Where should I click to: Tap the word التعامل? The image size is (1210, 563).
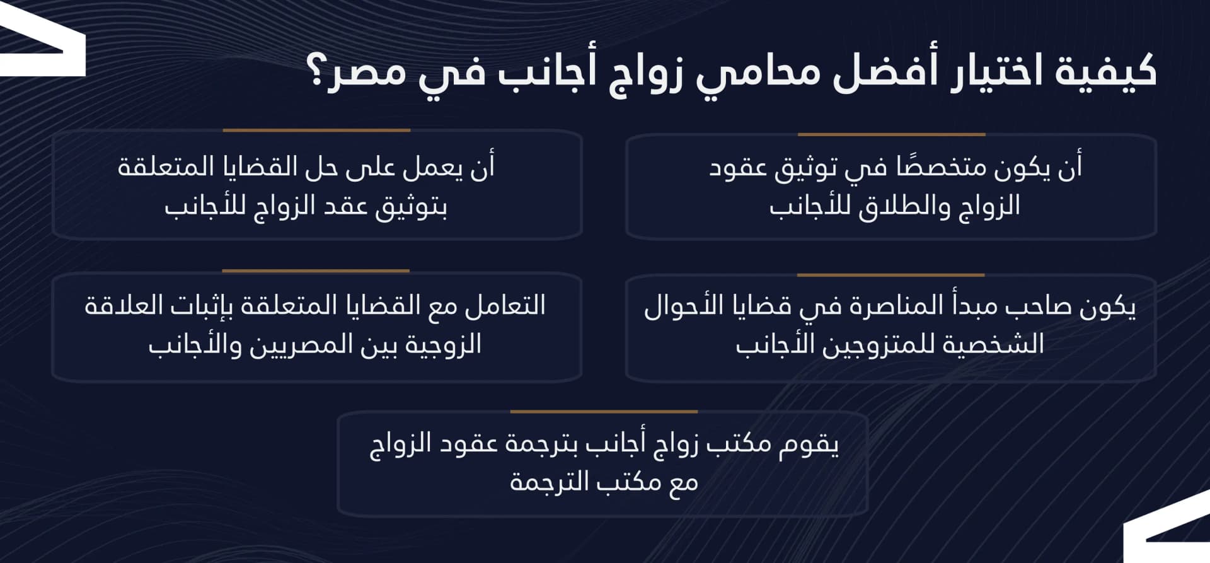point(504,306)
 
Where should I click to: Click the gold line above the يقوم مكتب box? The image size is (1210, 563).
point(604,412)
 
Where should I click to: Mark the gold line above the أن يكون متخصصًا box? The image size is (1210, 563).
point(891,134)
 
